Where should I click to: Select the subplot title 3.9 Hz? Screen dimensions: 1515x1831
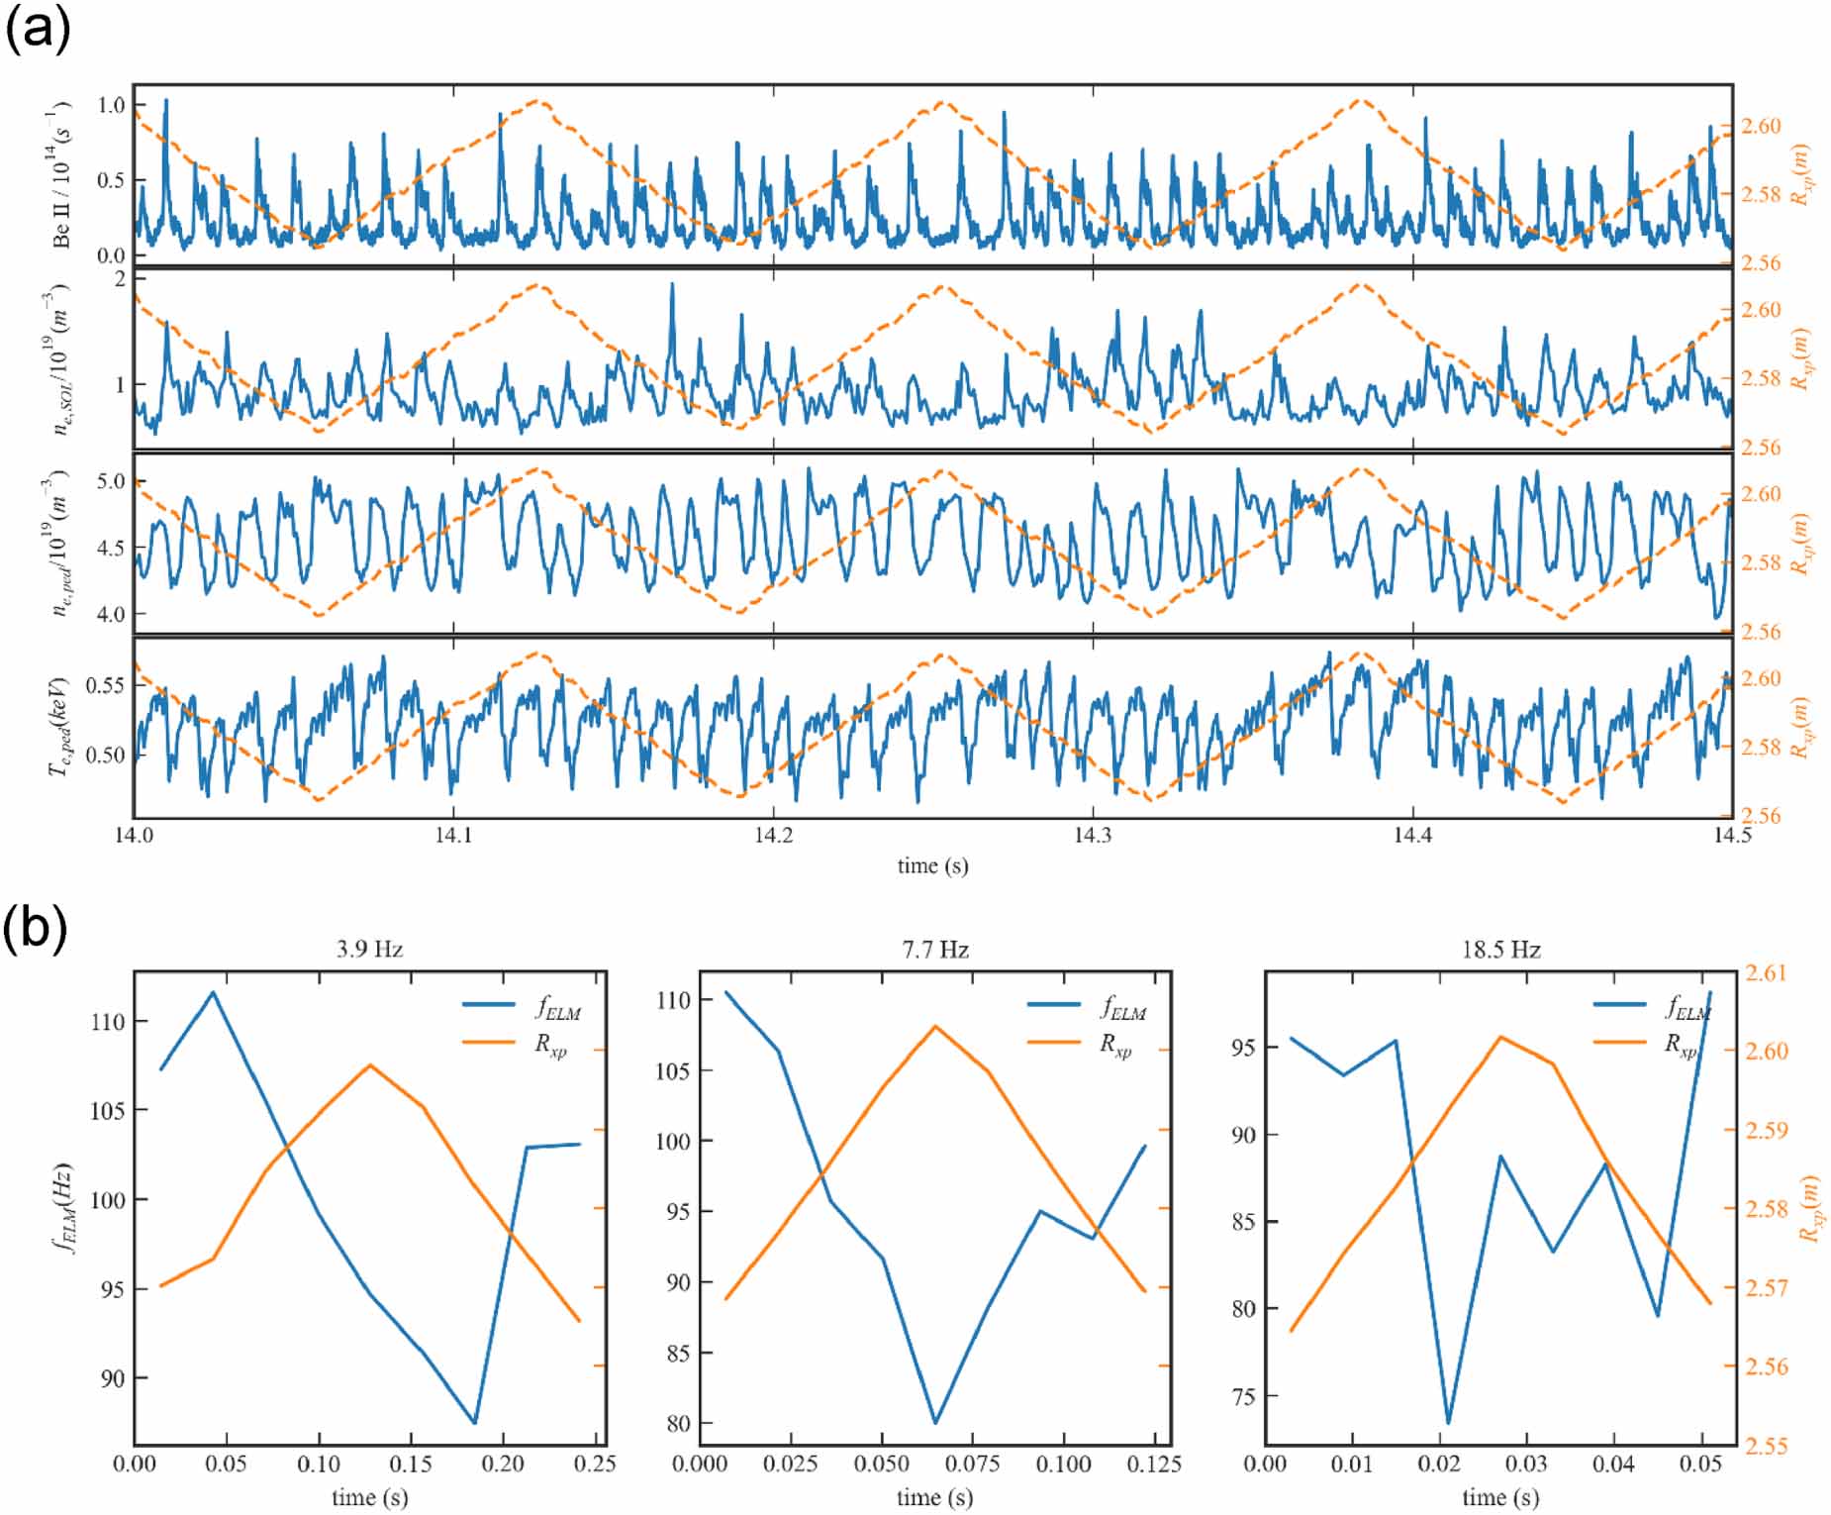(369, 950)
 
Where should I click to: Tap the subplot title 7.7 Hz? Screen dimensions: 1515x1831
(934, 950)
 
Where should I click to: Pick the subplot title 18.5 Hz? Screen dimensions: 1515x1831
(1500, 950)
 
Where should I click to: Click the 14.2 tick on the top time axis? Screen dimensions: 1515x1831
(773, 835)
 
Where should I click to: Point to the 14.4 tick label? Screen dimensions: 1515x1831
(1412, 835)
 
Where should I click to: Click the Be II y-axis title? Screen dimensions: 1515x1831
(62, 174)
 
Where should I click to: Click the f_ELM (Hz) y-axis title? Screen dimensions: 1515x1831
(62, 1208)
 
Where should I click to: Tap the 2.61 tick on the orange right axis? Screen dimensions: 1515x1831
(1767, 973)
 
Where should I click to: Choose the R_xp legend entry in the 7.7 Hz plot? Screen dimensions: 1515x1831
(1115, 1045)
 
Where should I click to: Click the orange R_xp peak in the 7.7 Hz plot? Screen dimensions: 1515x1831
(934, 1026)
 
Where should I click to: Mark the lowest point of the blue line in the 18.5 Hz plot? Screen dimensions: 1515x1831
(1448, 1423)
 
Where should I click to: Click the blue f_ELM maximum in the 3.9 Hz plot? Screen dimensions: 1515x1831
(213, 992)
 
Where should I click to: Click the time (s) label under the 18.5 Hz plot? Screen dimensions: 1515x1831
(1500, 1497)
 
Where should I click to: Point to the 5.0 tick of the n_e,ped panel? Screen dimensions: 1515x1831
(111, 482)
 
